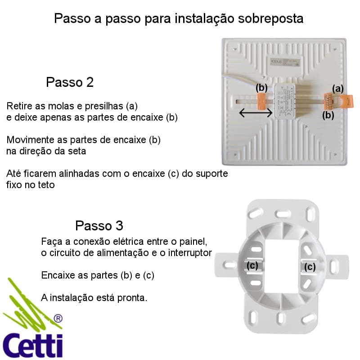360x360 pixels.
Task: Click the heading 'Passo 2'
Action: (70, 82)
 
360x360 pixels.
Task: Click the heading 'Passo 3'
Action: (99, 225)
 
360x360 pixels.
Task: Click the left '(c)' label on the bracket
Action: (253, 265)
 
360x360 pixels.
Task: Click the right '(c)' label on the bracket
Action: (310, 267)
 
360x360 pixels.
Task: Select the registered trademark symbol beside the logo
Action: (58, 319)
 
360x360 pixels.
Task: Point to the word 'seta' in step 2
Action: (76, 151)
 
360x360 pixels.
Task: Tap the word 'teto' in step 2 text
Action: (46, 184)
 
